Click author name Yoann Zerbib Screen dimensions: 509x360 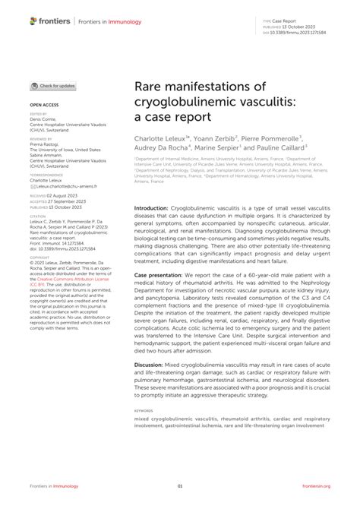(216, 138)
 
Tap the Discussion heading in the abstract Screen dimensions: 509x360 (153, 364)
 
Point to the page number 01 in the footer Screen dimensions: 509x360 (180, 486)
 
